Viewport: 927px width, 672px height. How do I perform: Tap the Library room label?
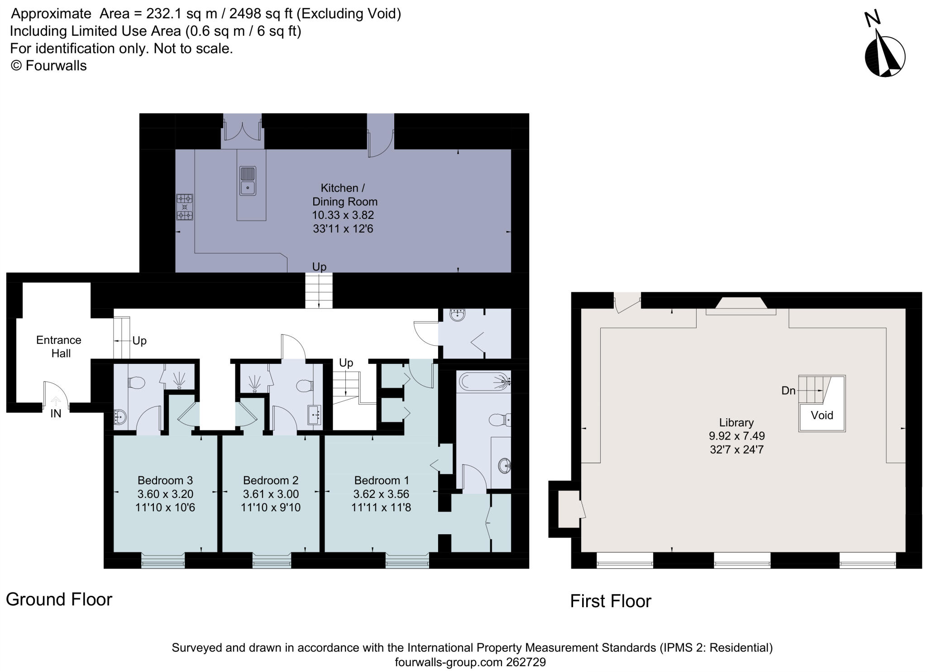click(736, 422)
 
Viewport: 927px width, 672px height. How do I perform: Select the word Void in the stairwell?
click(822, 415)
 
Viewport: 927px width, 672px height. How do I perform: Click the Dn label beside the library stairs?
click(788, 391)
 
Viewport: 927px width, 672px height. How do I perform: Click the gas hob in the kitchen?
click(184, 207)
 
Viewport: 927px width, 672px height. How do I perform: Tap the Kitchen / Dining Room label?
click(343, 194)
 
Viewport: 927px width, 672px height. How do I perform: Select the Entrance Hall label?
click(59, 346)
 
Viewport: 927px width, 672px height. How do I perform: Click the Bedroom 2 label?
click(271, 480)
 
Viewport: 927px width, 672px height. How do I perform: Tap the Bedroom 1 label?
click(382, 480)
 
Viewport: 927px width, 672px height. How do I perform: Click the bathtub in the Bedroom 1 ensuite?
click(484, 382)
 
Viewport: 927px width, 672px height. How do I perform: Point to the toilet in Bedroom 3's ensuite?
click(136, 383)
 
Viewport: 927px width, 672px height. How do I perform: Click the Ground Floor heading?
click(59, 599)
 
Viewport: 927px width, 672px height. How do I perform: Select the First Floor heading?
click(610, 601)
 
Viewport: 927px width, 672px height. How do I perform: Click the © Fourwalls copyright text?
click(48, 66)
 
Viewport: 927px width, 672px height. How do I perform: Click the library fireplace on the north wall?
click(741, 305)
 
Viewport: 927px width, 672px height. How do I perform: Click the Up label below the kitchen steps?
click(319, 267)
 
